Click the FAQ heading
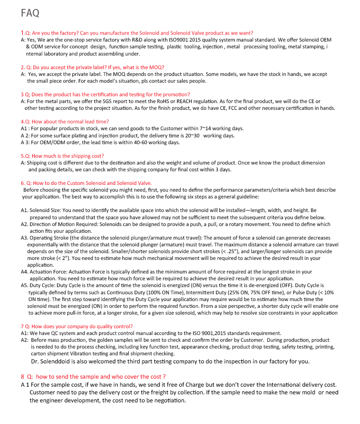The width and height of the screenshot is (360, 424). pos(30,13)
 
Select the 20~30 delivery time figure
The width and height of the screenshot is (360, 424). pos(191,136)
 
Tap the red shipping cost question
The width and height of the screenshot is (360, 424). pos(62,156)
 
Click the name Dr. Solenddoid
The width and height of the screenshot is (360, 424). pos(53,362)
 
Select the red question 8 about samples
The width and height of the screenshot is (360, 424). pos(93,377)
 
